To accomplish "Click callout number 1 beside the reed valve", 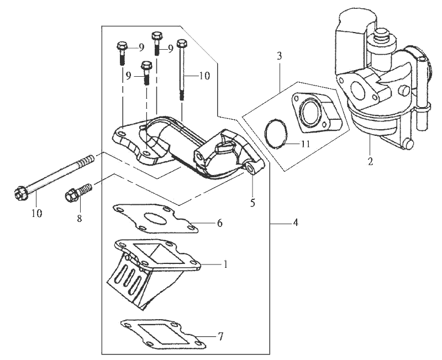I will (x=225, y=264).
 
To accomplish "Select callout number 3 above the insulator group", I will (x=280, y=56).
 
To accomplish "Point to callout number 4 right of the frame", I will (x=295, y=223).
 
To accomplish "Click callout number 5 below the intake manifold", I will (x=252, y=203).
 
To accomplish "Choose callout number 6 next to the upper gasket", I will (x=219, y=223).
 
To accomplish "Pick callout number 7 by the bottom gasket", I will (x=221, y=336).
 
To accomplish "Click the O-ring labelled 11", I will (x=275, y=134).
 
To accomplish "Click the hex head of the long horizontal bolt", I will (x=20, y=194).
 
